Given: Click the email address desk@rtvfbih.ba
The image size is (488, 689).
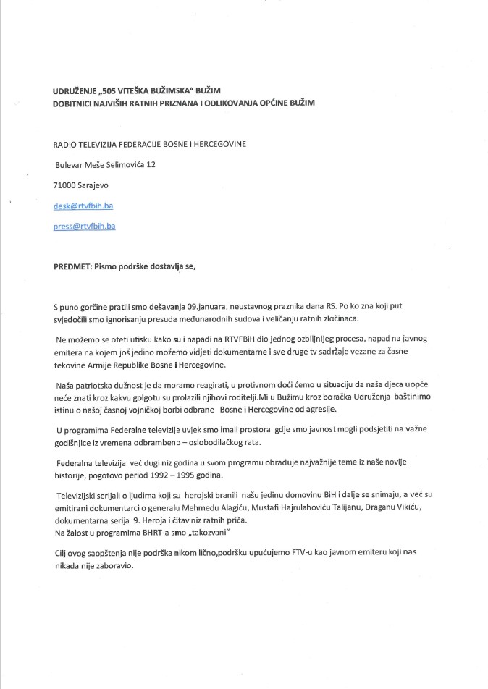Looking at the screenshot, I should (x=83, y=206).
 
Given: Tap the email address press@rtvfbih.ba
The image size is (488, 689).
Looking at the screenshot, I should (x=85, y=226).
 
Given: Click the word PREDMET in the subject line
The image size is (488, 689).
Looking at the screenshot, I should (x=72, y=266).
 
